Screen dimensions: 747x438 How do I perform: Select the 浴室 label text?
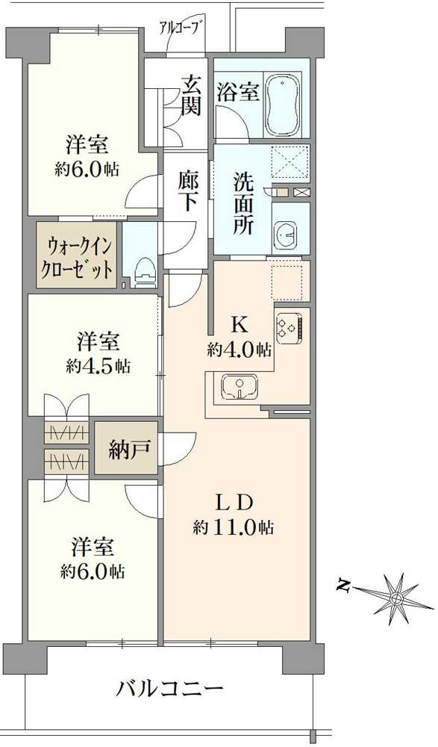click(x=238, y=93)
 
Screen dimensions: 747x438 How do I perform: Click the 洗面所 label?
click(x=243, y=203)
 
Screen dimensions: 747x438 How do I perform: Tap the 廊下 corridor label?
click(x=187, y=192)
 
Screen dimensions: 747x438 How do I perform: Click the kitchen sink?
click(x=239, y=386)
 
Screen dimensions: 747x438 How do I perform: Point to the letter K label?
click(x=239, y=324)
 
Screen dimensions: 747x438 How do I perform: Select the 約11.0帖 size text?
click(x=234, y=527)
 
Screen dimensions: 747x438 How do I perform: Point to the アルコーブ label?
click(x=181, y=29)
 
